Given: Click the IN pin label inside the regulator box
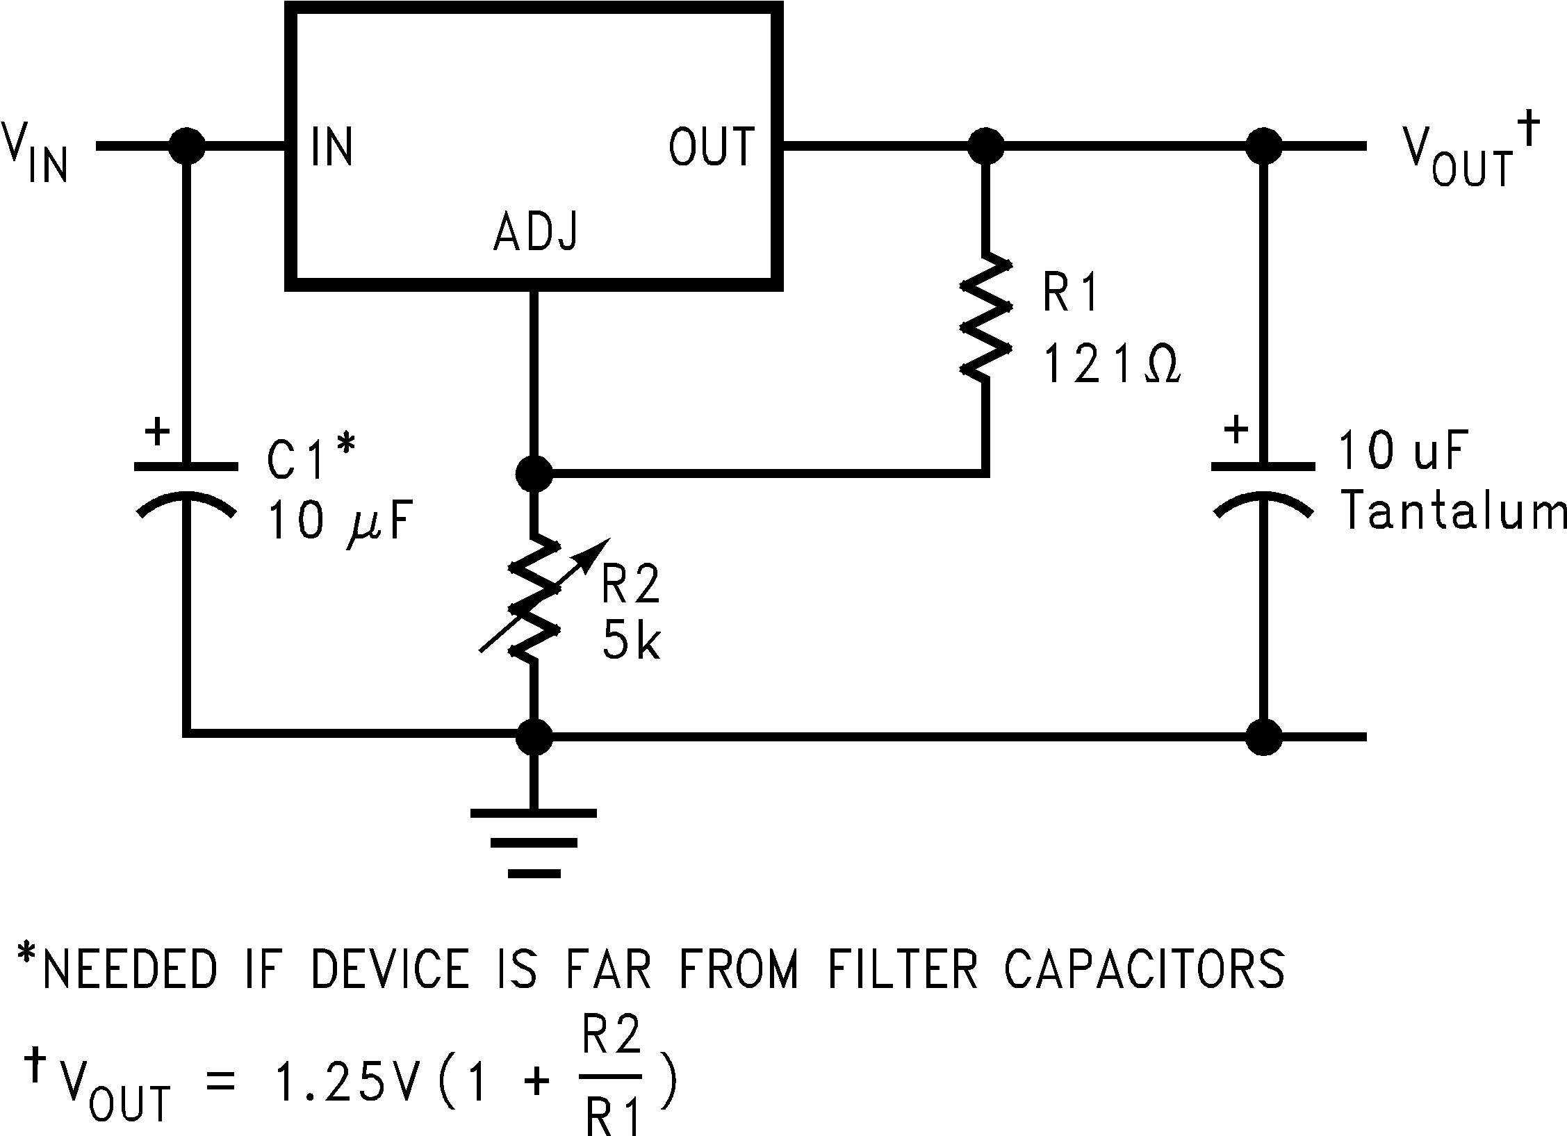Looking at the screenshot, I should (x=332, y=147).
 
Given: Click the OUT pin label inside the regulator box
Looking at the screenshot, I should (x=711, y=147).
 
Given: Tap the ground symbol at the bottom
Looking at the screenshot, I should (x=534, y=841).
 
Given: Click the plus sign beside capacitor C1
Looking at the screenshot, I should (x=158, y=431).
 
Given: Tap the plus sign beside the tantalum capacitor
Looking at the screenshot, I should (x=1236, y=430).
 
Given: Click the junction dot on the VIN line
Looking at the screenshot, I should (x=186, y=147).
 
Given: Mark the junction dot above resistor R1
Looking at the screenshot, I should (x=985, y=147).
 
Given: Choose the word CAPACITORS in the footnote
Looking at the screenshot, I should (x=1144, y=969).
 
